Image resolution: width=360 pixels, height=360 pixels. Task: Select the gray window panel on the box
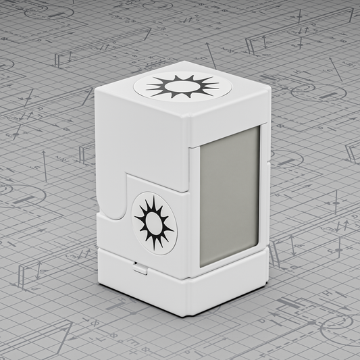coord(229,195)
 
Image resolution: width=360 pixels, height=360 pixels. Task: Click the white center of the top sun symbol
coord(182,86)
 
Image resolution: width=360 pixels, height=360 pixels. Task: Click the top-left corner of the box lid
coord(96,91)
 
